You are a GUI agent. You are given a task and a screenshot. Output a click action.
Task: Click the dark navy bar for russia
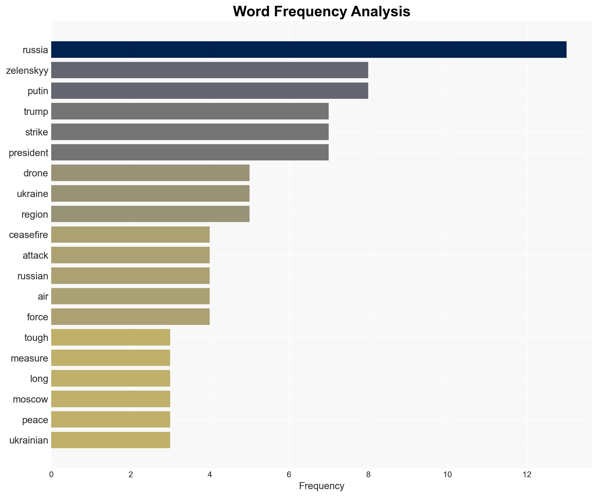309,49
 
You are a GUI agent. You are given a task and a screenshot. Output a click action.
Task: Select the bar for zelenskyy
209,70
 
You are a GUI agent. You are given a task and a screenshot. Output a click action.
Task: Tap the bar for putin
209,91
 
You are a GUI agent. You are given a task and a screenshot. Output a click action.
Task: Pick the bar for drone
150,173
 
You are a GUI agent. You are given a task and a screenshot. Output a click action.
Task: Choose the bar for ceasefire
130,235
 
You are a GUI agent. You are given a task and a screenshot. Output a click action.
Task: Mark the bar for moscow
111,399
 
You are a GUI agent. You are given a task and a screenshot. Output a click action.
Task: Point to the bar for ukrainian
111,440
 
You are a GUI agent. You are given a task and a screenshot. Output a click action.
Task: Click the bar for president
190,152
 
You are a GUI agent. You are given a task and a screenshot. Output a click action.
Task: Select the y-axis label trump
36,112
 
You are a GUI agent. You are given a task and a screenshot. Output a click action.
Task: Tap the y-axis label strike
36,132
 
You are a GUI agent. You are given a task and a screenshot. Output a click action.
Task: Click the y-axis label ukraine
32,194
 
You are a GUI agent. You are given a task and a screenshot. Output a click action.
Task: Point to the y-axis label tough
36,338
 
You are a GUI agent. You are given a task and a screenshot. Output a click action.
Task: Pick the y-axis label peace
35,420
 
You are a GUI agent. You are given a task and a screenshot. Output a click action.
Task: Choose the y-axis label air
43,296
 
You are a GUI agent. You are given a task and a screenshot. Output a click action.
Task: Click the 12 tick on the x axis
527,475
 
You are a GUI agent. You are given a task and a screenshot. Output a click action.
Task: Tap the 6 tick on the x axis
289,475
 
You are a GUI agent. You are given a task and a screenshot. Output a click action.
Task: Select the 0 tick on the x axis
51,475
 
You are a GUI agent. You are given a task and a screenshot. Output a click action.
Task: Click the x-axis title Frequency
321,486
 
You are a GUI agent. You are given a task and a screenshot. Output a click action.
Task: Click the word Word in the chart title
251,12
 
